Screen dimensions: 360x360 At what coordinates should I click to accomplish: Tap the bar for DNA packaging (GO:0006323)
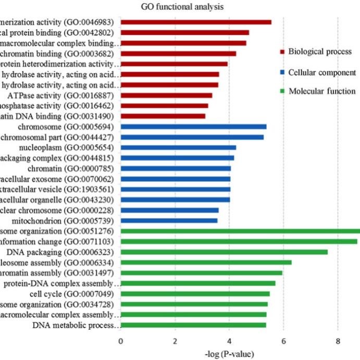(224, 252)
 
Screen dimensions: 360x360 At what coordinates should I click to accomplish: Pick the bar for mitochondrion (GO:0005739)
(169, 220)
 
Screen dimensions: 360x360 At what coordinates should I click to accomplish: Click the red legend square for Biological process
(282, 52)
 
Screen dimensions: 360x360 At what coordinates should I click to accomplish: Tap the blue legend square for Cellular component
(282, 72)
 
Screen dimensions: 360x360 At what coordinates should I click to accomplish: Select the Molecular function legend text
(322, 91)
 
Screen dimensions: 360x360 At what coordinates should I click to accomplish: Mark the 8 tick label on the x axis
(338, 342)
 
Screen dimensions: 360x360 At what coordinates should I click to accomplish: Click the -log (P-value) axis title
(229, 354)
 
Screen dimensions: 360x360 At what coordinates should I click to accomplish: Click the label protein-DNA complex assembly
(63, 283)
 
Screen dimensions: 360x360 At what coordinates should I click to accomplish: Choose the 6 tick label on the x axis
(283, 342)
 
